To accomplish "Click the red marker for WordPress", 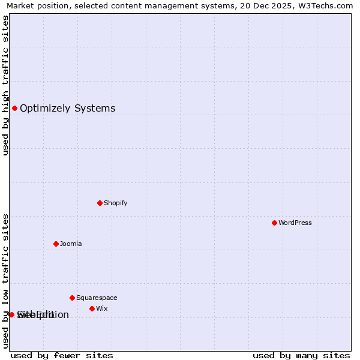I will [274, 223].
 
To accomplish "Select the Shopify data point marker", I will [100, 203].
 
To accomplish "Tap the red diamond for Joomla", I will [56, 244].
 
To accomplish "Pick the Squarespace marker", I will [72, 298].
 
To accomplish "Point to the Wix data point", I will [92, 308].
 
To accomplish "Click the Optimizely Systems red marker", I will [14, 108].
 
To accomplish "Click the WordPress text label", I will [295, 223].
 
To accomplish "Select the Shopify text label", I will [116, 203].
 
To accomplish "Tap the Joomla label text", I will [71, 244].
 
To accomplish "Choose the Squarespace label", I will [97, 298].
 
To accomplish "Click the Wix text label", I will [102, 308].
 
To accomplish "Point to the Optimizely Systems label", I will [67, 109].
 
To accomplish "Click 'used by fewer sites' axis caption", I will [62, 355].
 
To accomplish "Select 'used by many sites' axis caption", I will [301, 355].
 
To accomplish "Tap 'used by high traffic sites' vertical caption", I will [5, 85].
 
